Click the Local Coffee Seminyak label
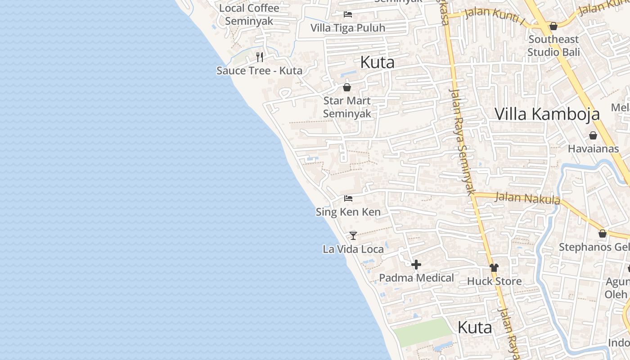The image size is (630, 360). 249,14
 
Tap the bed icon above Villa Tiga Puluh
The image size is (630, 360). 348,14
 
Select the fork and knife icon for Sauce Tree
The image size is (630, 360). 260,57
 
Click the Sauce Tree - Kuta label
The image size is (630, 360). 259,71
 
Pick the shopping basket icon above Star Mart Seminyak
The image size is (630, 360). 347,87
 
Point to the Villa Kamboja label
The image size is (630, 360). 547,114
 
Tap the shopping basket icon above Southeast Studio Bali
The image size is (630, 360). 553,26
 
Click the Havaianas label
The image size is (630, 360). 593,148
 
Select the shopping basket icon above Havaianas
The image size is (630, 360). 593,135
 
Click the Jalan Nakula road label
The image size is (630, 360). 527,198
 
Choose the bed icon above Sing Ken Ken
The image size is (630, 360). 348,198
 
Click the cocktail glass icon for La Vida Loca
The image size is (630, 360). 353,235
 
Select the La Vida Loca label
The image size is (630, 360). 353,249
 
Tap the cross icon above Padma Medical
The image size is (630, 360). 416,265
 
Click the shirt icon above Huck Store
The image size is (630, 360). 494,268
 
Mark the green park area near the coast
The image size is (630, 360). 422,332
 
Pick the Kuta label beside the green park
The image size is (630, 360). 475,328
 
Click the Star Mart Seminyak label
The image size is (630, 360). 347,107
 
